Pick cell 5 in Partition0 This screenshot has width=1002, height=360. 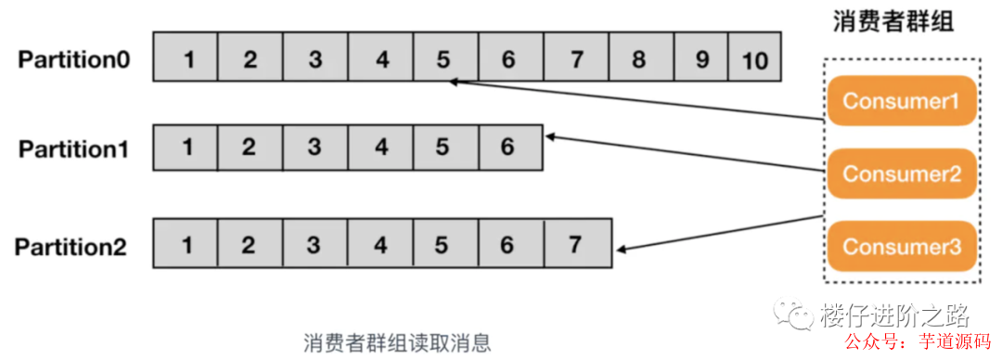tap(443, 59)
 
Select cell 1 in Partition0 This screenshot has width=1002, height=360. tap(189, 59)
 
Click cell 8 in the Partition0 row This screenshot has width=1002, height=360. tap(638, 59)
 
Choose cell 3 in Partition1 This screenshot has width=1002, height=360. tap(315, 148)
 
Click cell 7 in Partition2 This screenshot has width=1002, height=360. tap(575, 245)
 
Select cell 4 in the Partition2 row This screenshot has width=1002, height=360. tap(380, 245)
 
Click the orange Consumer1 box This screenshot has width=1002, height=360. tap(901, 101)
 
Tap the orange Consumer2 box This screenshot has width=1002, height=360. tap(901, 173)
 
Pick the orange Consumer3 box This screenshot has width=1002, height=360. tap(901, 246)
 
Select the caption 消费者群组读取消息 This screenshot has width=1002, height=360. tap(396, 342)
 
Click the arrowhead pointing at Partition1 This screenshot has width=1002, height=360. tap(552, 136)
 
